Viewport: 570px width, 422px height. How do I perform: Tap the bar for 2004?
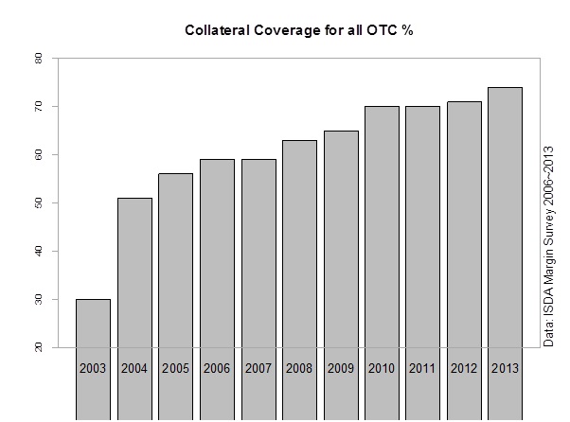(x=134, y=284)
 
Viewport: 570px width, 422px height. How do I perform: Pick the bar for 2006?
(x=217, y=274)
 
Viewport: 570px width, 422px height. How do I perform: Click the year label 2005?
(x=175, y=367)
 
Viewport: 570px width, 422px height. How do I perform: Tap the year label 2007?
(x=258, y=367)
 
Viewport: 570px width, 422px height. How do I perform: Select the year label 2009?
(x=341, y=367)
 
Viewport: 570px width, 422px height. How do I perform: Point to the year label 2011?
(x=423, y=367)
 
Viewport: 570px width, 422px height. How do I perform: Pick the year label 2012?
(x=464, y=367)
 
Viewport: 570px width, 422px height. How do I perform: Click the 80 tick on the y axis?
(x=38, y=58)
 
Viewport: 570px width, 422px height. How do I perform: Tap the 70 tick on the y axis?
(x=38, y=106)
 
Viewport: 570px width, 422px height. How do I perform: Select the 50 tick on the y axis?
(x=38, y=202)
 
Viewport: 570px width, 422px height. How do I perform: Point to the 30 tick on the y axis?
(x=38, y=299)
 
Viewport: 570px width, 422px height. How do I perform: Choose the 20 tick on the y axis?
(x=38, y=347)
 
